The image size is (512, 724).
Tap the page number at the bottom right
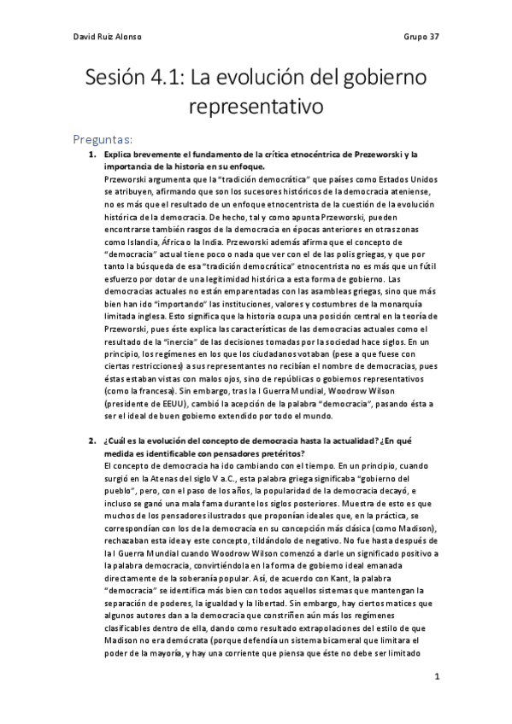click(437, 676)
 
